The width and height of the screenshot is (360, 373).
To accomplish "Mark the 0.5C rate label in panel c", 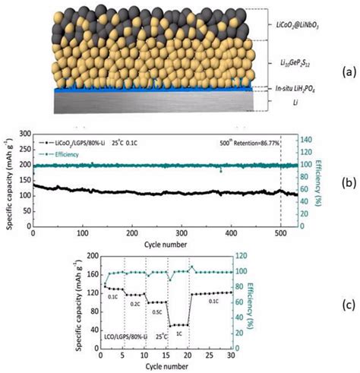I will click(156, 311).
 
